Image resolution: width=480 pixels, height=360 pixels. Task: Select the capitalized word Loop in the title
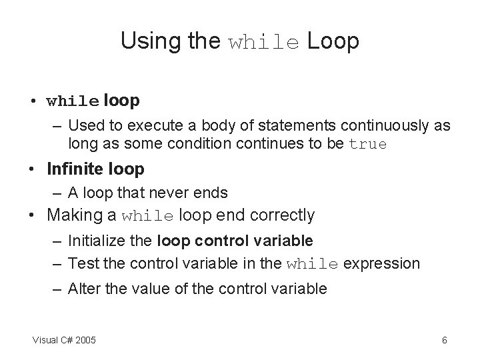[333, 41]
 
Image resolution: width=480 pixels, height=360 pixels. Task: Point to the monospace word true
[368, 144]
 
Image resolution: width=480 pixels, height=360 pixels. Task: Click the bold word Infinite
[75, 169]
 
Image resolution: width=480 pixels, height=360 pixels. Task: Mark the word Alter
[83, 289]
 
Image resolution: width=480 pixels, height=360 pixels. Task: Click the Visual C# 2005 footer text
[64, 341]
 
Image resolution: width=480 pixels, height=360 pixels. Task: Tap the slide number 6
[444, 341]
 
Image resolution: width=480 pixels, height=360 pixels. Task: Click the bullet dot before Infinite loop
[32, 170]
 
